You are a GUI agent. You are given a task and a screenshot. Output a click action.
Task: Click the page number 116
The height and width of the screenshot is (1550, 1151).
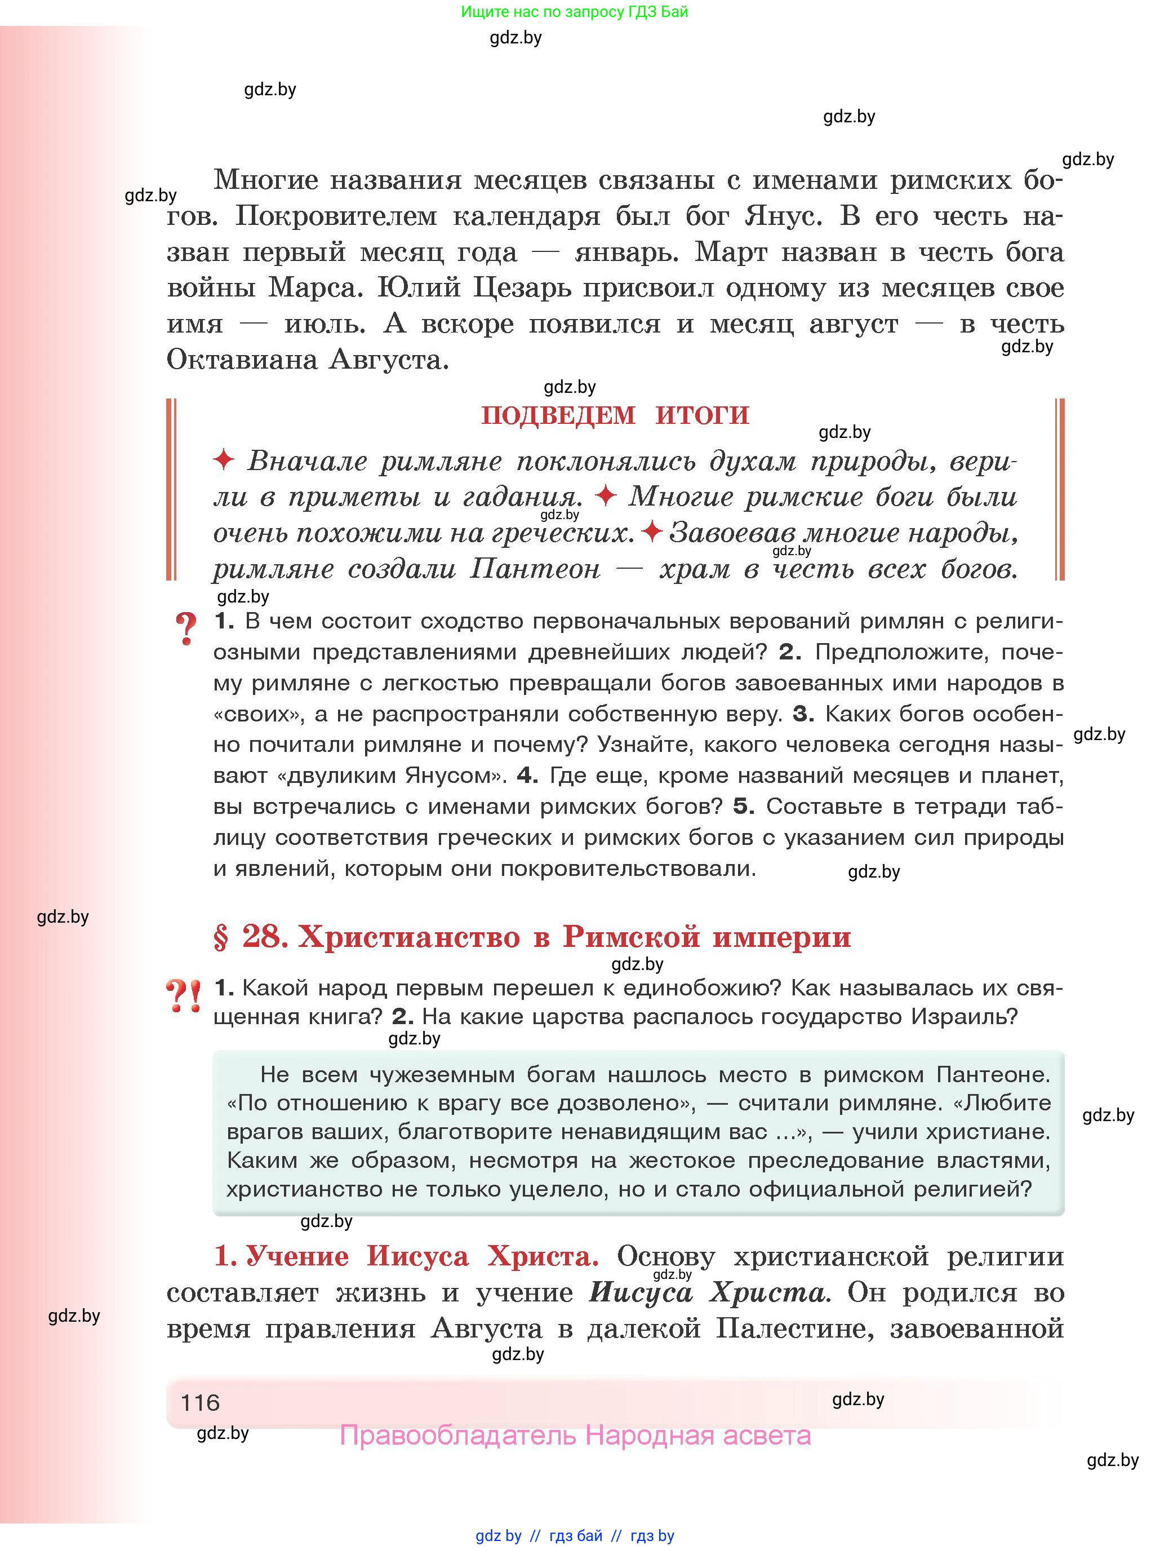tap(200, 1402)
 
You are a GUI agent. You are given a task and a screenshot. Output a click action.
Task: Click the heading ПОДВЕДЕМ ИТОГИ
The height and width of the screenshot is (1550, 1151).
tap(615, 415)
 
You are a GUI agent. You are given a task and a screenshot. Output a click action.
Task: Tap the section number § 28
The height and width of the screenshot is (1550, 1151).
tap(250, 937)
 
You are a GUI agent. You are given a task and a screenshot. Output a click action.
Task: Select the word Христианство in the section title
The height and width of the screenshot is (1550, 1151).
tap(409, 937)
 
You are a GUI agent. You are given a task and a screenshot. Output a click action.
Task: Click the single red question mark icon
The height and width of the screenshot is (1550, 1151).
tap(186, 627)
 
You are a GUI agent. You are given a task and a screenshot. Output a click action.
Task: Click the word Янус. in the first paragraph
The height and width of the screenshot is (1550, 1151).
tap(783, 216)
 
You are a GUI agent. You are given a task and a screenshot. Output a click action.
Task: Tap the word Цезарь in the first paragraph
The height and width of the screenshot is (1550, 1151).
tap(523, 288)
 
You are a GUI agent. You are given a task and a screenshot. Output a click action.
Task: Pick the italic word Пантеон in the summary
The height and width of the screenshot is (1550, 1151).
tap(535, 569)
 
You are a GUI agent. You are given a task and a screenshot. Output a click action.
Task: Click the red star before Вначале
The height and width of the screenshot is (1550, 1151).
tap(224, 460)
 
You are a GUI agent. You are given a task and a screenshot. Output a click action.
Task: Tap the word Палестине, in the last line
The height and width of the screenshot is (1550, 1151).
tap(795, 1328)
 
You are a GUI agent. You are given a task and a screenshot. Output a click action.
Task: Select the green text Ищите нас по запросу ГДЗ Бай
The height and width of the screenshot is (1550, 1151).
tap(574, 11)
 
